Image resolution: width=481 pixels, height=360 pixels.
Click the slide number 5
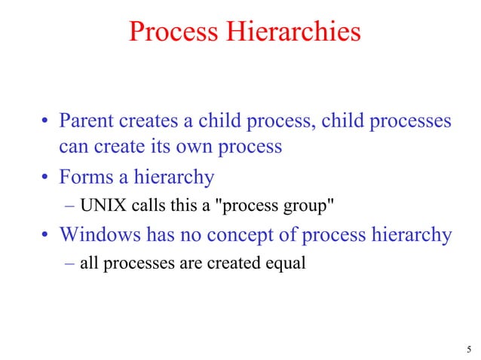pyautogui.click(x=469, y=349)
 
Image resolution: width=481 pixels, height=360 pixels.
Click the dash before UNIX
pyautogui.click(x=68, y=207)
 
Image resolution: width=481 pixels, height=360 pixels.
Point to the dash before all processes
pyautogui.click(x=68, y=264)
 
